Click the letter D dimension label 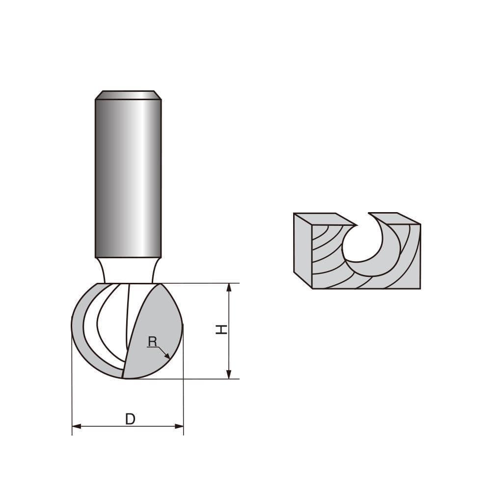[130, 419]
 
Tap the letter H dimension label [222, 329]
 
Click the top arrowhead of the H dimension [229, 287]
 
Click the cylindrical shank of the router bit [128, 177]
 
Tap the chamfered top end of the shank [128, 95]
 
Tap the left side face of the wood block [302, 250]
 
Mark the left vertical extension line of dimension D [72, 383]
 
